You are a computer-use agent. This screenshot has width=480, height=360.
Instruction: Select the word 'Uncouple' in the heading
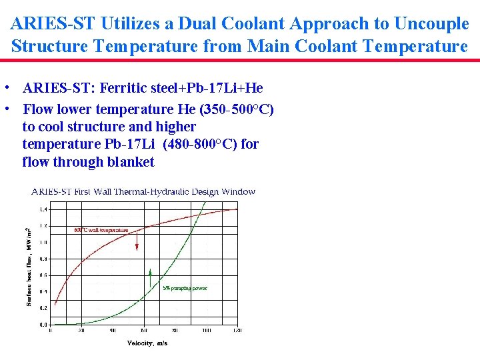point(432,24)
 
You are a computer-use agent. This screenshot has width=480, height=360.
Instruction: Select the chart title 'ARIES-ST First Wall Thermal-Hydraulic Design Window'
point(143,192)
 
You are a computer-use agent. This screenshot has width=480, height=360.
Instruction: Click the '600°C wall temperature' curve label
point(101,231)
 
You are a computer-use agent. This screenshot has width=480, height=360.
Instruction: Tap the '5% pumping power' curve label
point(185,289)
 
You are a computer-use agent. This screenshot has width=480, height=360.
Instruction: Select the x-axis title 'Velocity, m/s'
point(147,343)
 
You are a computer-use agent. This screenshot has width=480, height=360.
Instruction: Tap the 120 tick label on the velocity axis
point(237,330)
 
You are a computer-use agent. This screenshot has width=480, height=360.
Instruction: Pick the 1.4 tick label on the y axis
point(43,210)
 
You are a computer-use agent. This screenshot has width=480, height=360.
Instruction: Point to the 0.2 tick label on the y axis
point(43,308)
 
